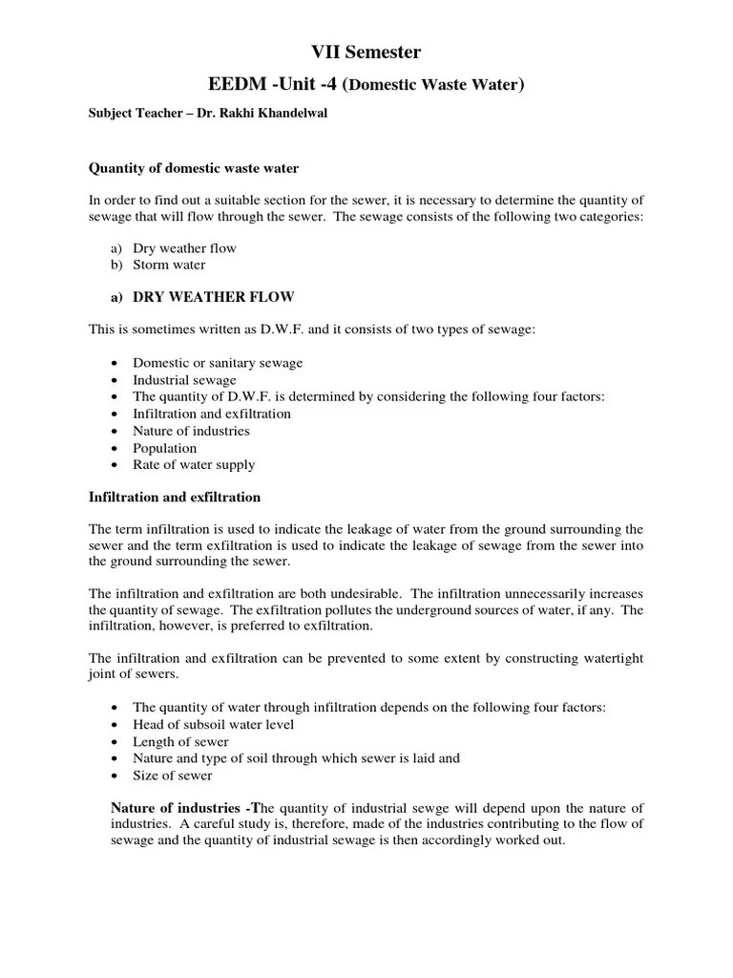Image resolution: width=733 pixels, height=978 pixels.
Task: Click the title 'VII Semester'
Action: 366,53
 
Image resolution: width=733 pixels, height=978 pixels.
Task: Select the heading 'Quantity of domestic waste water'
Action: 194,168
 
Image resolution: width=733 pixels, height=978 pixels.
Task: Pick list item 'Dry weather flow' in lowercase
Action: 184,248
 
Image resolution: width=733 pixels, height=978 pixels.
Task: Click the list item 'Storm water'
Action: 169,265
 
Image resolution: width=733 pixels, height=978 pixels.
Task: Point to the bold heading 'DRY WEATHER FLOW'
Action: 214,296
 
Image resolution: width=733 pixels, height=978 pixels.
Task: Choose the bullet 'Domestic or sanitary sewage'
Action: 218,363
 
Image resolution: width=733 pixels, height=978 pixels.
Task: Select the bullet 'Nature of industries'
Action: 191,431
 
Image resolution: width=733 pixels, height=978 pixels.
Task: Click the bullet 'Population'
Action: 164,448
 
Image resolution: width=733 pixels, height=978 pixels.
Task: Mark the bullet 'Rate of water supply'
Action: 194,465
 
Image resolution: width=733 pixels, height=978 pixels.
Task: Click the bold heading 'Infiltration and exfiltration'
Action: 175,498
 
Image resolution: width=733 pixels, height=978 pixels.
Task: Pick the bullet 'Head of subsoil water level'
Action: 214,724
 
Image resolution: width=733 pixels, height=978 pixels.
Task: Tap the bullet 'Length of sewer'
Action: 180,741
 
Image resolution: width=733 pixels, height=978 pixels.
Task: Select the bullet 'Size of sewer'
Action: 173,776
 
